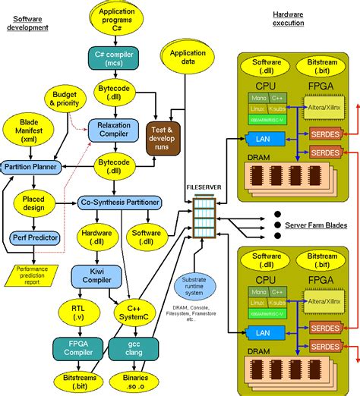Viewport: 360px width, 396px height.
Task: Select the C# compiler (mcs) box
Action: point(113,58)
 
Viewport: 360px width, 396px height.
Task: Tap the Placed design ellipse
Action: point(33,204)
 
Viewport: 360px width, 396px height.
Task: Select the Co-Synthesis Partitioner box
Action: point(120,203)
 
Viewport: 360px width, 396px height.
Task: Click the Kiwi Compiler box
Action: point(90,275)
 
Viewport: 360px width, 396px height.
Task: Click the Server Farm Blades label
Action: point(316,225)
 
